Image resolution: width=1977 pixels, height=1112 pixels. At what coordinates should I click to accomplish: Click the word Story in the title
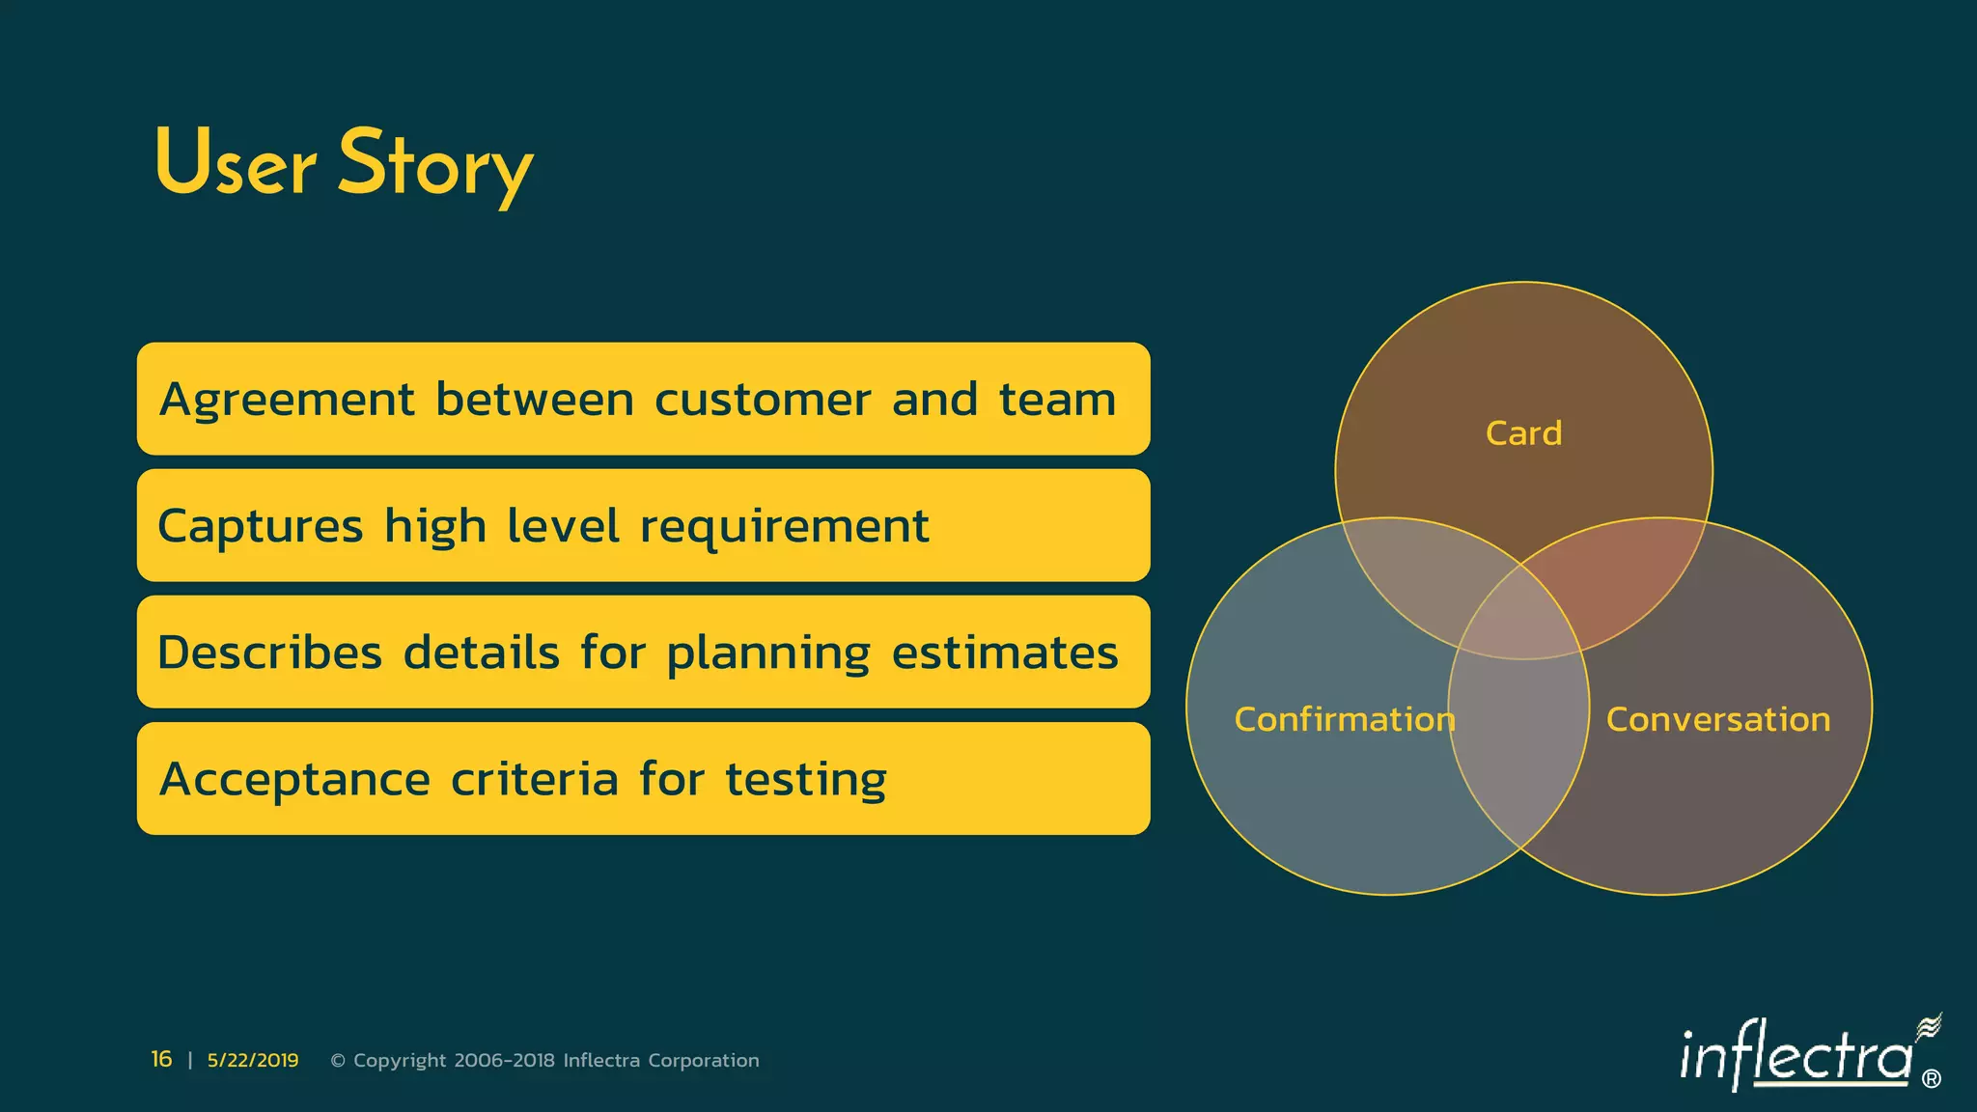434,164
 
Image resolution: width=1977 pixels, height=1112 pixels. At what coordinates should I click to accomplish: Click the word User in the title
235,164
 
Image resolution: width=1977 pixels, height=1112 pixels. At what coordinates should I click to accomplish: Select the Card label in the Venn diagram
1523,433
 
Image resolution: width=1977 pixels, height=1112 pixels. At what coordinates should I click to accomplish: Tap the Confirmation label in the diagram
1345,719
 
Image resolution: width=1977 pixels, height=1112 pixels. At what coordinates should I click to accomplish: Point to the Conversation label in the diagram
1718,719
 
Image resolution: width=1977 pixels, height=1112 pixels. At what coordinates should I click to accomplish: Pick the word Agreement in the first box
287,400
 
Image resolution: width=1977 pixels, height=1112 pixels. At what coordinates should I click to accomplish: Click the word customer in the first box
763,400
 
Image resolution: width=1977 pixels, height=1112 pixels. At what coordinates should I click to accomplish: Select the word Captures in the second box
261,527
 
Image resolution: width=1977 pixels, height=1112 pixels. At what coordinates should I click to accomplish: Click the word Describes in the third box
269,653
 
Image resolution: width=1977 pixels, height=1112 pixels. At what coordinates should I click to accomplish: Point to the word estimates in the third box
1005,653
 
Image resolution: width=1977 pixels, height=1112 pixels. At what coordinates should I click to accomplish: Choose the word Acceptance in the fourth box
294,779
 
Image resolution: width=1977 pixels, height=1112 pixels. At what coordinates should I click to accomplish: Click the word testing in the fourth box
806,780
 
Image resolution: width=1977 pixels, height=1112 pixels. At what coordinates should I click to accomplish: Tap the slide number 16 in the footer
161,1059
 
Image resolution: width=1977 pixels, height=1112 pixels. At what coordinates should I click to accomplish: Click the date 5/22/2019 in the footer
253,1060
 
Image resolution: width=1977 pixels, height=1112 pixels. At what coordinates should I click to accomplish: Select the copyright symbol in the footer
338,1061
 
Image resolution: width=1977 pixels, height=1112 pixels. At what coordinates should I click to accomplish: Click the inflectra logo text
1796,1057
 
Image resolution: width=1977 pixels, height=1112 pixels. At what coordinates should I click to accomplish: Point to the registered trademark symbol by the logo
1932,1079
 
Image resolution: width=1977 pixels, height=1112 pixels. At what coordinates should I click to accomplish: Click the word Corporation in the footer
704,1061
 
